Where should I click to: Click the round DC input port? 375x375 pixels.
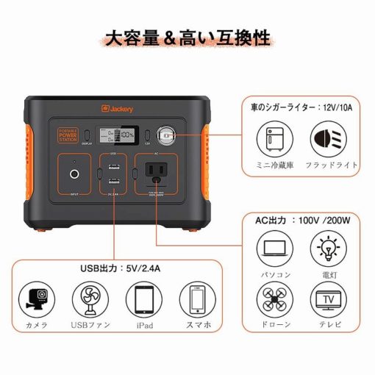[x=74, y=174]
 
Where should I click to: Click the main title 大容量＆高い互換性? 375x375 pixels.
[x=187, y=36]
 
